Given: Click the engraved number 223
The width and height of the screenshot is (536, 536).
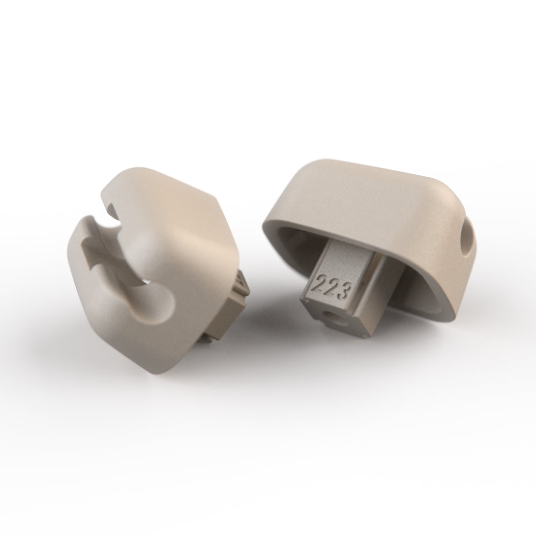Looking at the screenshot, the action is [x=333, y=286].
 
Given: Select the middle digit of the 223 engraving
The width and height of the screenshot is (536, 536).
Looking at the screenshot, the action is [x=333, y=286].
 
